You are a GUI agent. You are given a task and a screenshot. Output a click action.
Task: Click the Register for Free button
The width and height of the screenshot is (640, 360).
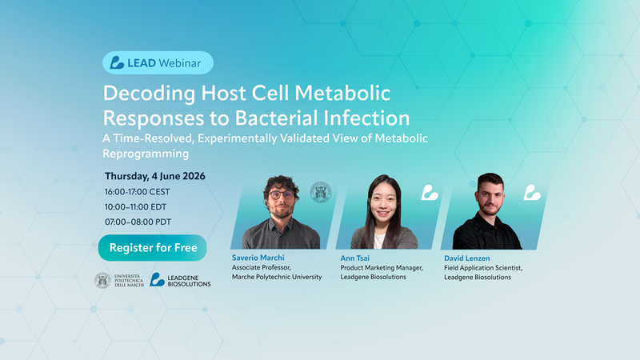pyautogui.click(x=152, y=248)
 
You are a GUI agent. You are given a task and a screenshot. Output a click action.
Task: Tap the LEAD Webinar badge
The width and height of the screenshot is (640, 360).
pyautogui.click(x=158, y=62)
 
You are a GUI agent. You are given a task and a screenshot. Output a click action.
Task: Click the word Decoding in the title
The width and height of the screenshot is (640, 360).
pyautogui.click(x=150, y=94)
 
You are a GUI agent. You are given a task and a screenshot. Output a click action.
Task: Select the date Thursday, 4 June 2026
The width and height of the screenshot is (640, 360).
pyautogui.click(x=154, y=176)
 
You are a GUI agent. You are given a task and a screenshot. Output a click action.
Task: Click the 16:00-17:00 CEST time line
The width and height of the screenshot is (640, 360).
pyautogui.click(x=137, y=192)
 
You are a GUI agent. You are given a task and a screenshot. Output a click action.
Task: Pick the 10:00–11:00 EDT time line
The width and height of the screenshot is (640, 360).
pyautogui.click(x=135, y=207)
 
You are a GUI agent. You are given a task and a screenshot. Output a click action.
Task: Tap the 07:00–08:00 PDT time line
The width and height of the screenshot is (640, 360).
pyautogui.click(x=138, y=222)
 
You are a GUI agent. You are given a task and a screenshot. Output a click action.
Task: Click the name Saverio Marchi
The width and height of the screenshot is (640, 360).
pyautogui.click(x=258, y=258)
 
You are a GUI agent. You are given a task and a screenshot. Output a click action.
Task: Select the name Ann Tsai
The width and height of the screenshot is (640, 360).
pyautogui.click(x=354, y=258)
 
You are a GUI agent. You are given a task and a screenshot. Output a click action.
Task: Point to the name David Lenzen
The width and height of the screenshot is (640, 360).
pyautogui.click(x=467, y=258)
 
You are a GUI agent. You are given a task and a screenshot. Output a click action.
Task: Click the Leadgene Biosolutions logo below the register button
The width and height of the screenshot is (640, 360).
pyautogui.click(x=180, y=280)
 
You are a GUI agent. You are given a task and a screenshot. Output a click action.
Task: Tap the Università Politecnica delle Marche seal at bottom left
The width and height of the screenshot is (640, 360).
pyautogui.click(x=102, y=281)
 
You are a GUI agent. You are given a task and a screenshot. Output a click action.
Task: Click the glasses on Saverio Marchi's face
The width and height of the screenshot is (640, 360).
pyautogui.click(x=282, y=194)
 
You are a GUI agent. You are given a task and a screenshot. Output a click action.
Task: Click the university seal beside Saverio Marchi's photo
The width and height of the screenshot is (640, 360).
pyautogui.click(x=321, y=192)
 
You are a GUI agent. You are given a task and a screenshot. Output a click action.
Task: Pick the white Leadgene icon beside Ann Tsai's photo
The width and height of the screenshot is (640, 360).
pyautogui.click(x=429, y=193)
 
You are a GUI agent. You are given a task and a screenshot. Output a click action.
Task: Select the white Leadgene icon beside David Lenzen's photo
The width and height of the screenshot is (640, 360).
pyautogui.click(x=532, y=193)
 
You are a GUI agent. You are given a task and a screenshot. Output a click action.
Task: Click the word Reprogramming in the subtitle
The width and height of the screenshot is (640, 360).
pyautogui.click(x=146, y=154)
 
